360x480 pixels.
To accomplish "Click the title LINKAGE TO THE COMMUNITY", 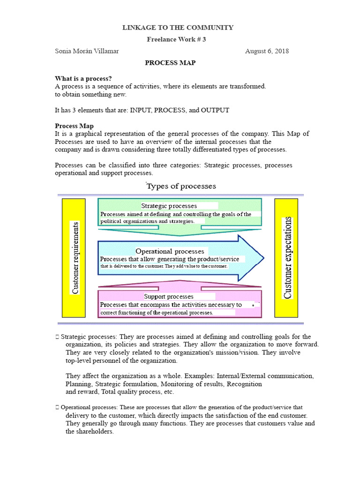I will click(178, 28).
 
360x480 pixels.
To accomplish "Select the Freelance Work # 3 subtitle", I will click(176, 39).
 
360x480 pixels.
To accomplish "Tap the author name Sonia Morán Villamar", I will click(87, 51).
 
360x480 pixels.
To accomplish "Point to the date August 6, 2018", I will click(267, 51).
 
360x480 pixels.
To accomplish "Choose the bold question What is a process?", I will click(83, 78).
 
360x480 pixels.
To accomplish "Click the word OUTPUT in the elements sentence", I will click(215, 110).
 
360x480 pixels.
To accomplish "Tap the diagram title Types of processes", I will click(181, 186).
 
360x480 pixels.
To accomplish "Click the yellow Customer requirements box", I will click(74, 258).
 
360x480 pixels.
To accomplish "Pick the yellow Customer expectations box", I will click(286, 258).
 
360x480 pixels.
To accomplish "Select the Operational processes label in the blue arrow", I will click(170, 251).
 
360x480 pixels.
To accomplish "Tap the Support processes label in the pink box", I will click(168, 297).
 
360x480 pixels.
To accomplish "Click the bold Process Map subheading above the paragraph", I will click(74, 126).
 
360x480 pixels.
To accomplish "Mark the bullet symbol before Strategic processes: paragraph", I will click(57, 337).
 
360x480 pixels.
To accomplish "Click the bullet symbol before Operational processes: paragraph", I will click(57, 408).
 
